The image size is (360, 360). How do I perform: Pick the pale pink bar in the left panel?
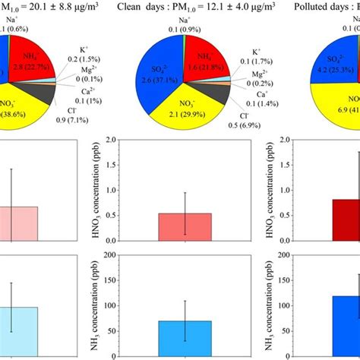18,225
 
